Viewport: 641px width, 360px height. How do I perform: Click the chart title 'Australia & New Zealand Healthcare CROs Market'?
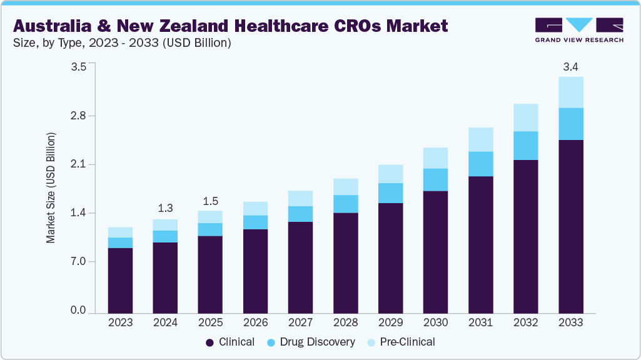230,26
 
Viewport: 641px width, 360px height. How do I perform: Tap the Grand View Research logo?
578,30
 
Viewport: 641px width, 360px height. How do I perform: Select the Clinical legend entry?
231,342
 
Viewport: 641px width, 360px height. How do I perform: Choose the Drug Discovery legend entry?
310,342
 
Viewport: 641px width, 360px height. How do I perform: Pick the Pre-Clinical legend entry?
400,342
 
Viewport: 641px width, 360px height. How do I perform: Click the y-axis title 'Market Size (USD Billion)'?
51,187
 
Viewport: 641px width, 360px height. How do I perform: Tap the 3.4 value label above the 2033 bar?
570,66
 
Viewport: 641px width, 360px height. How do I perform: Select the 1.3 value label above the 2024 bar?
165,208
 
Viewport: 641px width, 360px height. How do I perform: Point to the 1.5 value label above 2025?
210,201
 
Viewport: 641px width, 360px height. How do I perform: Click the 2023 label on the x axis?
120,322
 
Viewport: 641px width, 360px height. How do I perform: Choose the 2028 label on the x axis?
345,322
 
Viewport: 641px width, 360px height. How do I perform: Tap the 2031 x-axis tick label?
480,322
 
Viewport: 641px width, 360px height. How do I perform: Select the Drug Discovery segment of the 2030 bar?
435,179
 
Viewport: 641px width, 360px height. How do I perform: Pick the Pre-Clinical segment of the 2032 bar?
525,117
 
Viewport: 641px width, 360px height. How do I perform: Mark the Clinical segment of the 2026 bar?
255,271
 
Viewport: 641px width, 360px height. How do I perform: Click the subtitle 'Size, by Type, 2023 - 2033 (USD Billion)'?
123,43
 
